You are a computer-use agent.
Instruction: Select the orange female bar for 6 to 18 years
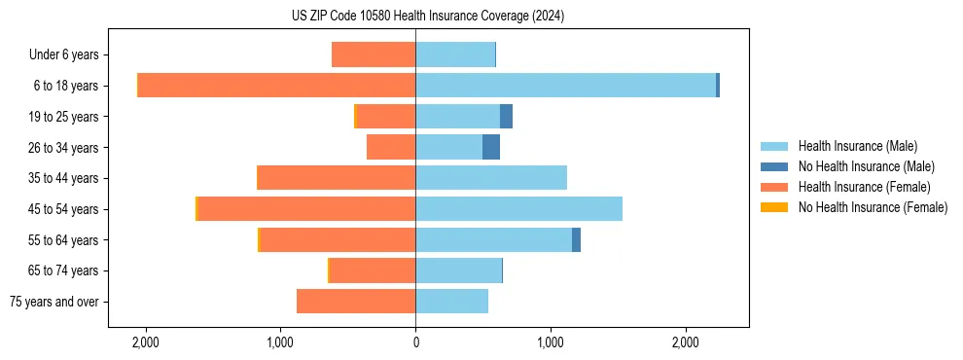[x=276, y=86]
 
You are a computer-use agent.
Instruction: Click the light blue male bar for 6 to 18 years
[x=565, y=86]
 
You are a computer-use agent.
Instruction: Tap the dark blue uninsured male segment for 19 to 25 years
[x=506, y=117]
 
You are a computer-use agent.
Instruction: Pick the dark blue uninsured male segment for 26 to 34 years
[x=491, y=147]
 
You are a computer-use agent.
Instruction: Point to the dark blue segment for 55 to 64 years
[x=576, y=239]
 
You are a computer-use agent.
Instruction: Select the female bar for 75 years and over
[x=356, y=302]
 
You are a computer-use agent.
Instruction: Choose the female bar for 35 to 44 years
[x=336, y=178]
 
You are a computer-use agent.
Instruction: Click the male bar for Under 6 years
[x=455, y=54]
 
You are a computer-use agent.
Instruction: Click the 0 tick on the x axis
[x=415, y=342]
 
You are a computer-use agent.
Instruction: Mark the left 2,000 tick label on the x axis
[x=145, y=342]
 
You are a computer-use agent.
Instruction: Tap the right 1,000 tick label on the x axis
[x=551, y=342]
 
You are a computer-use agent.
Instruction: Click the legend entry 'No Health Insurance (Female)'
[x=872, y=207]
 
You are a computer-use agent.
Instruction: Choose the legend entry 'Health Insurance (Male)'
[x=857, y=146]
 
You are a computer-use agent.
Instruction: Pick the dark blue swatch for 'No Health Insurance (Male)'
[x=774, y=166]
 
